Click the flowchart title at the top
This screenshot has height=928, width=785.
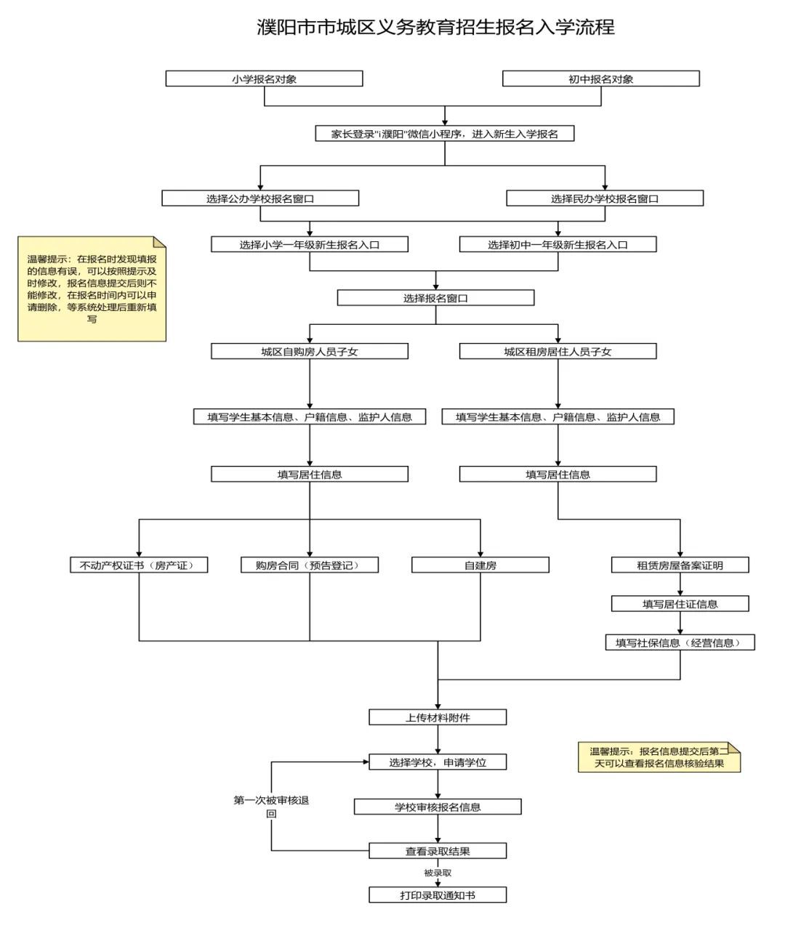click(435, 28)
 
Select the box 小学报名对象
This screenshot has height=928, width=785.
click(264, 78)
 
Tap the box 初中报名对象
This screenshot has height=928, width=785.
click(600, 78)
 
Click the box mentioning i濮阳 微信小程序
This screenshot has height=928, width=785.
click(445, 134)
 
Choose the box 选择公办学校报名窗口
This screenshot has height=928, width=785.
click(260, 198)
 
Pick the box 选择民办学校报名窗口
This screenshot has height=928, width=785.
click(605, 198)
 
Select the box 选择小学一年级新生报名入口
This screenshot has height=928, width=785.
click(310, 245)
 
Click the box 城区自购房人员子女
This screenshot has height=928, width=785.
click(310, 352)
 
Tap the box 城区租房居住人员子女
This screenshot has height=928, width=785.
click(557, 352)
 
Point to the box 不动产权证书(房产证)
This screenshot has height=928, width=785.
click(139, 565)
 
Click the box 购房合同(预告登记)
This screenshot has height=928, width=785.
click(310, 565)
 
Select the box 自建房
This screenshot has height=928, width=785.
click(480, 565)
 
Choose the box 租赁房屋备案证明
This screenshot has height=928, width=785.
click(680, 565)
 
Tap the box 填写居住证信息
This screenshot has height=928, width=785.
click(680, 604)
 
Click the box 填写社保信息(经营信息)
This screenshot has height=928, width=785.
click(680, 643)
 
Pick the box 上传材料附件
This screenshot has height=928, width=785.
click(438, 718)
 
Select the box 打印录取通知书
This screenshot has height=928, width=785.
click(438, 895)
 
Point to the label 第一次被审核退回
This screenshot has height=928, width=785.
click(271, 807)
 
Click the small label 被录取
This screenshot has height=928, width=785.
click(438, 873)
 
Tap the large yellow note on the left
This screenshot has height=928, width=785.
click(92, 289)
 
